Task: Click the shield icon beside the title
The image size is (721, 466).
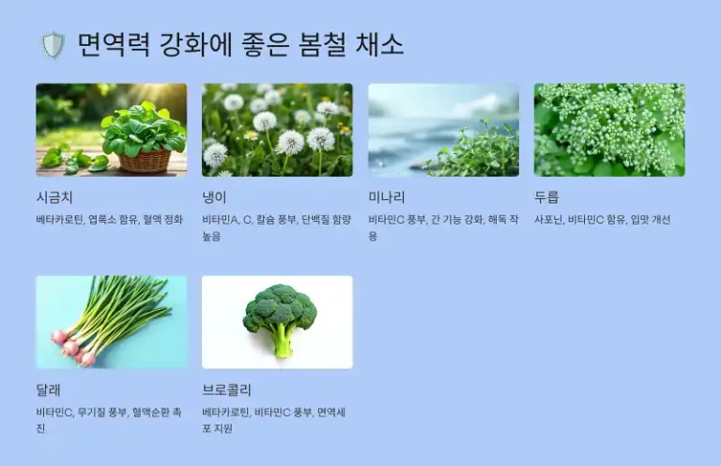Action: point(53,45)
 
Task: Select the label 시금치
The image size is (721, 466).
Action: point(54,197)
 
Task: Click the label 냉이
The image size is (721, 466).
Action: point(214,197)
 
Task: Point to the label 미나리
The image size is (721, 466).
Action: point(387,197)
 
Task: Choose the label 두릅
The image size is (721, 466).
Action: point(546,197)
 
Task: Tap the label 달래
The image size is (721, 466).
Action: point(48,389)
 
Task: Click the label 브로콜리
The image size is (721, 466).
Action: point(226,389)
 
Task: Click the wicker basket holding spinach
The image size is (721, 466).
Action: point(145,160)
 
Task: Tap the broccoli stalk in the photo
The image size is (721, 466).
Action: point(281,342)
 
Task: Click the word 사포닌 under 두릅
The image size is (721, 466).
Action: point(547,220)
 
